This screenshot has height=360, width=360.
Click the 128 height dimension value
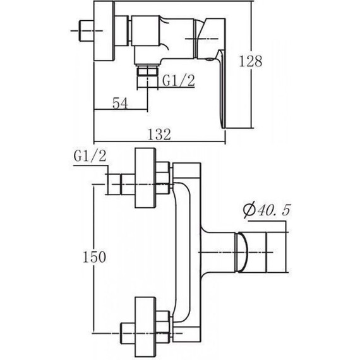251,61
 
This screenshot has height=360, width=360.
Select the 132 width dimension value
159,135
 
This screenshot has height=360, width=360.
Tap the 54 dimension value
120,104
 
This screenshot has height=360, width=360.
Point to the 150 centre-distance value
94,256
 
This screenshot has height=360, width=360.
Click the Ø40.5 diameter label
267,210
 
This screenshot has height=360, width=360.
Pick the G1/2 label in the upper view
179,80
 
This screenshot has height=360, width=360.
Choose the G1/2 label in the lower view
90,156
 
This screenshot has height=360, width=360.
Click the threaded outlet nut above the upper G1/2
147,70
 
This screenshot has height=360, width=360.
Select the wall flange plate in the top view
104,31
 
